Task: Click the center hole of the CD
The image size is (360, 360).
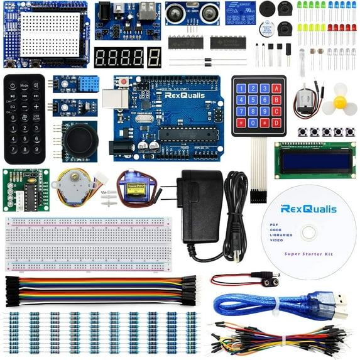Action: (x=308, y=233)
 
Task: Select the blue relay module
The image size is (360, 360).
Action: (x=241, y=11)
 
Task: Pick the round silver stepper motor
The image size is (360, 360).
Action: (x=68, y=185)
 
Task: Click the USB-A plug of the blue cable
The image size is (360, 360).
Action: (x=338, y=310)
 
